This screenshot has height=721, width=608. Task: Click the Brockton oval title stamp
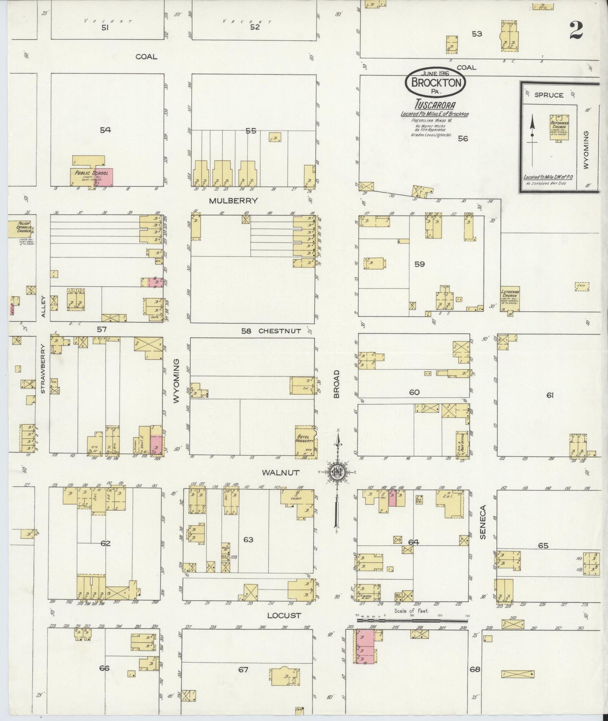pyautogui.click(x=436, y=82)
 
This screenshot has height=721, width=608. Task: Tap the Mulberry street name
pyautogui.click(x=233, y=201)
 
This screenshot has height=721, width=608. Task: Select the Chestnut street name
pyautogui.click(x=279, y=331)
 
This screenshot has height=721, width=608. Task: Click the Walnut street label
pyautogui.click(x=280, y=472)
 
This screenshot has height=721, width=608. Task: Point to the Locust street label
pyautogui.click(x=284, y=615)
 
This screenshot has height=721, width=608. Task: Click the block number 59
pyautogui.click(x=419, y=264)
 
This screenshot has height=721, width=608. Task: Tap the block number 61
pyautogui.click(x=550, y=395)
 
